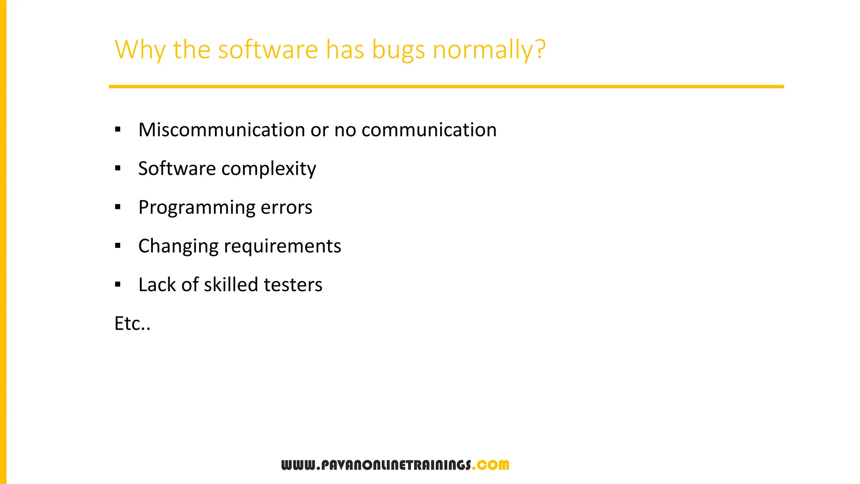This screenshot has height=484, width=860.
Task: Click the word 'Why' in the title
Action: point(140,50)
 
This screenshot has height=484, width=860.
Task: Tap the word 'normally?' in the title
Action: point(489,50)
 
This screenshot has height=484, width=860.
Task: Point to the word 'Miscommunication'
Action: point(222,130)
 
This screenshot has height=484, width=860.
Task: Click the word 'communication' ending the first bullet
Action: point(429,130)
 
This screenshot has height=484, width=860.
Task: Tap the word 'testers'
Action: point(293,285)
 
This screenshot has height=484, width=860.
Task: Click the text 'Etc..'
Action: point(132,324)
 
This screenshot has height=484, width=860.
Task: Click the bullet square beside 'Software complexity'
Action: point(118,168)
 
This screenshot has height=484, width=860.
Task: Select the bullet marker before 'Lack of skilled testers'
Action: point(118,285)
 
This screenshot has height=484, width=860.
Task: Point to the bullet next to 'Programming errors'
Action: point(118,207)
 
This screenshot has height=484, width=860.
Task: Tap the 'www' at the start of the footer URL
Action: point(297,465)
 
